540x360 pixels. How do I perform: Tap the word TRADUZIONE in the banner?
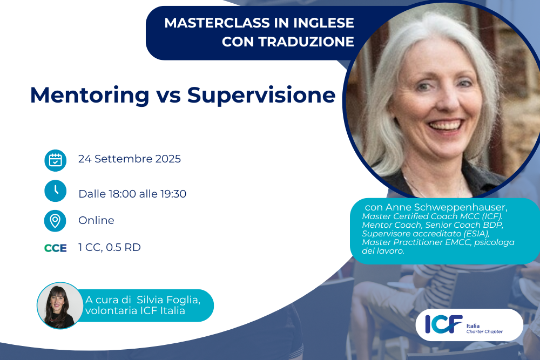pyautogui.click(x=306, y=42)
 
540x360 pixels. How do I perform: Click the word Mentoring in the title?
pyautogui.click(x=90, y=96)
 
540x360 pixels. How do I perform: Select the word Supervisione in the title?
pyautogui.click(x=261, y=96)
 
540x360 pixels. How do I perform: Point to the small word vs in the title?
pyautogui.click(x=168, y=97)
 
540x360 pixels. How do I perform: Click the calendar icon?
pyautogui.click(x=56, y=160)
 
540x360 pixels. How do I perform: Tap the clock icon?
pyautogui.click(x=56, y=191)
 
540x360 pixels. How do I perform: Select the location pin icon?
pyautogui.click(x=55, y=221)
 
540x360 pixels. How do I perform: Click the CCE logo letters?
pyautogui.click(x=56, y=248)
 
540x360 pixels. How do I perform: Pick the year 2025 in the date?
pyautogui.click(x=168, y=159)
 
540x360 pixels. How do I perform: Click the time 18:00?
pyautogui.click(x=122, y=194)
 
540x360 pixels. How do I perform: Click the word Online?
pyautogui.click(x=96, y=220)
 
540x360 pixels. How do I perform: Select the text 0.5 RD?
pyautogui.click(x=123, y=247)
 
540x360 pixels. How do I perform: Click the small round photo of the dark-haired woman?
pyautogui.click(x=60, y=305)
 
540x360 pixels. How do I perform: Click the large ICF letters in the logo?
pyautogui.click(x=443, y=324)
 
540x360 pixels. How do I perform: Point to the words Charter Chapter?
pyautogui.click(x=484, y=331)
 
